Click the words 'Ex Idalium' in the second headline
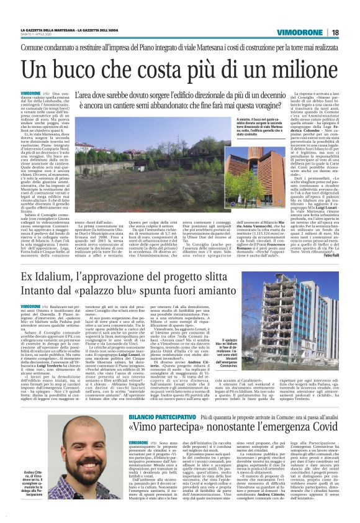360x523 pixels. (x=49, y=277)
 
